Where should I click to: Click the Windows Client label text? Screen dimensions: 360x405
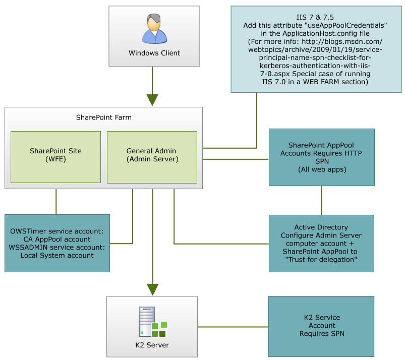(x=154, y=53)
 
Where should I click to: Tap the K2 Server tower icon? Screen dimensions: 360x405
(x=147, y=322)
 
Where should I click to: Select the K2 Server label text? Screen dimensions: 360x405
(x=152, y=345)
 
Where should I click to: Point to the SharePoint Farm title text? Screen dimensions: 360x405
(x=103, y=118)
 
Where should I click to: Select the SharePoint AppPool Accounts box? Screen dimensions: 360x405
(x=321, y=157)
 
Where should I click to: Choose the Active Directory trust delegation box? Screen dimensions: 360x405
(x=321, y=243)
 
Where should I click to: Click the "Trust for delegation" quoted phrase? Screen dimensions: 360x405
(x=321, y=259)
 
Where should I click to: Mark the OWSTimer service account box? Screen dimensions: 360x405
(x=57, y=243)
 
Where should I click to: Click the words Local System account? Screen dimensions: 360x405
(x=57, y=255)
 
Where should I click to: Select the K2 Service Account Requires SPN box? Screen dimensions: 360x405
(x=321, y=326)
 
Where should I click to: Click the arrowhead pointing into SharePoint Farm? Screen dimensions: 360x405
(x=152, y=99)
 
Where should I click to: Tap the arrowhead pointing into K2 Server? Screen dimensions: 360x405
(x=152, y=289)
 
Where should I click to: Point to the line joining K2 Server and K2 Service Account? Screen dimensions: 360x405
(x=233, y=327)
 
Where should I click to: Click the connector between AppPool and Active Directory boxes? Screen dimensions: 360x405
(x=321, y=200)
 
